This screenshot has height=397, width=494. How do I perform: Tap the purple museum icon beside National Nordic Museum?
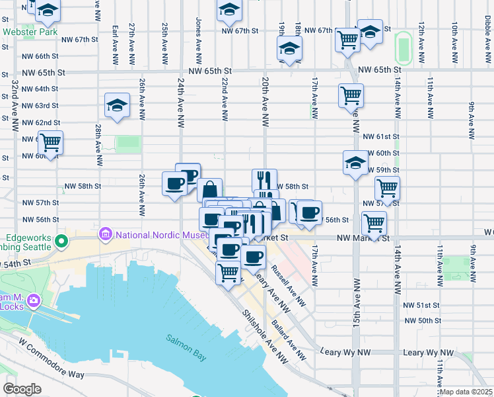[104, 234]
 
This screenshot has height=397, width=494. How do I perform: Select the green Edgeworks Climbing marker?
[61, 240]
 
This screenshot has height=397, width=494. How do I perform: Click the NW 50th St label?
[423, 320]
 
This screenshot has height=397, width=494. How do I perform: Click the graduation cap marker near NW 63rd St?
[117, 106]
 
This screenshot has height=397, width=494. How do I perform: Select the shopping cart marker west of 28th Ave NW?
[50, 141]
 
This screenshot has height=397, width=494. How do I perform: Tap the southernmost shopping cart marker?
[228, 271]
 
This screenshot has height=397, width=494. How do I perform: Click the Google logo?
[22, 388]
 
